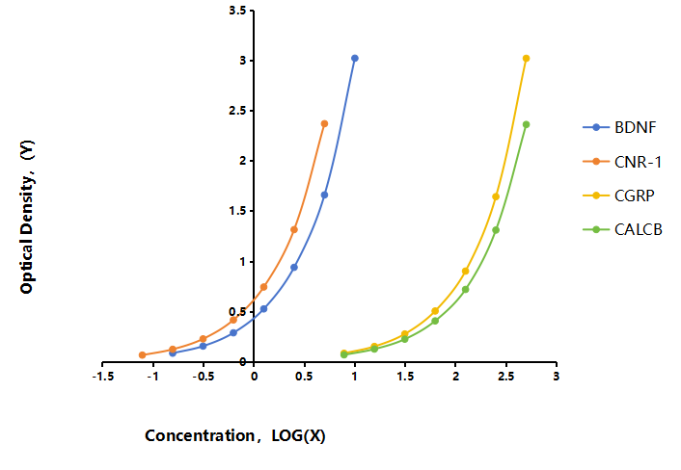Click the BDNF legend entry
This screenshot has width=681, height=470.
(619, 127)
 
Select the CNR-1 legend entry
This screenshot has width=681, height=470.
(622, 162)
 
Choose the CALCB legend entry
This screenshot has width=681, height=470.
(622, 229)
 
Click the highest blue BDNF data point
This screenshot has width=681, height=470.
(355, 58)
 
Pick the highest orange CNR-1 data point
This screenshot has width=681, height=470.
(324, 123)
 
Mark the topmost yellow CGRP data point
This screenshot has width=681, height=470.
(526, 58)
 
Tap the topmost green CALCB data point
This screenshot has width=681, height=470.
(526, 124)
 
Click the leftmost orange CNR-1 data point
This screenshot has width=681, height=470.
(142, 354)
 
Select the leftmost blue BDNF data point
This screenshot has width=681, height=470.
(173, 352)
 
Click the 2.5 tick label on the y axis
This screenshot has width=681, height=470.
(237, 111)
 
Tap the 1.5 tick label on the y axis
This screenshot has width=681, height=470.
(237, 211)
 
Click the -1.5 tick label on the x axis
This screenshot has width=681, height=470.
(103, 377)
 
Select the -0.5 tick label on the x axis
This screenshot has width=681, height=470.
(204, 377)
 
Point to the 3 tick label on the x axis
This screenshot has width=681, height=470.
(557, 376)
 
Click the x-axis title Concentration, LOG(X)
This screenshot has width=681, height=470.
(235, 435)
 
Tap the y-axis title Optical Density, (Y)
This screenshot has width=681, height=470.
(27, 217)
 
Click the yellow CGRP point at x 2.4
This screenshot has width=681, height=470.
(496, 196)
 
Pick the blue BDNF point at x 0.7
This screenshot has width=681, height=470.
(324, 195)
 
